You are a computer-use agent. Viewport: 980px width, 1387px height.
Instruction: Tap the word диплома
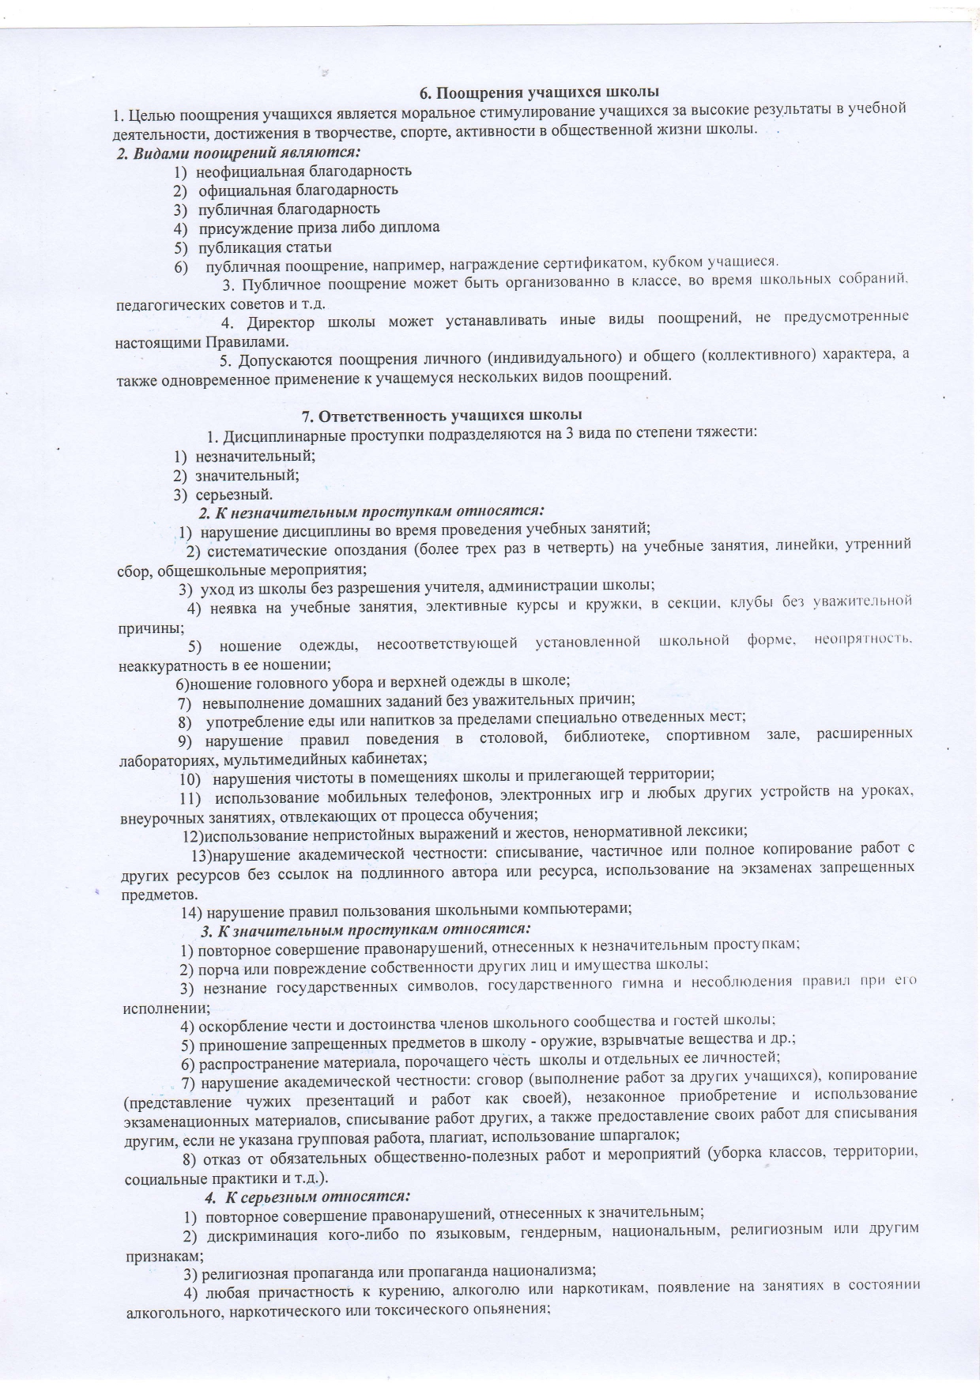(413, 228)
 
